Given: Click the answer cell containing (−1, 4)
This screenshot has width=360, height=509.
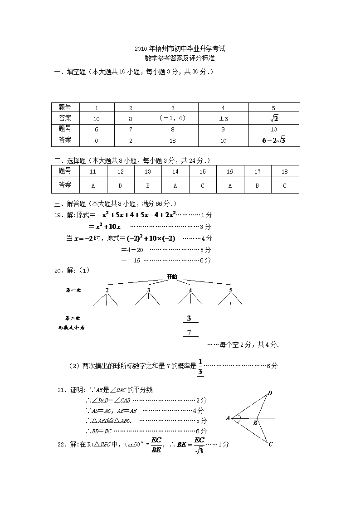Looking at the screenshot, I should pyautogui.click(x=173, y=118).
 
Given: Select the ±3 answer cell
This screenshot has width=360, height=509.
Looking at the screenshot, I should pyautogui.click(x=223, y=119).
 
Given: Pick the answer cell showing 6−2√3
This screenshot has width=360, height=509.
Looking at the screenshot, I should pyautogui.click(x=273, y=140).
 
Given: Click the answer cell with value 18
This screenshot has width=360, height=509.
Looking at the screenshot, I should pyautogui.click(x=173, y=141).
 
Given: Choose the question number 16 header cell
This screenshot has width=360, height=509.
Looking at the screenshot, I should pyautogui.click(x=230, y=171).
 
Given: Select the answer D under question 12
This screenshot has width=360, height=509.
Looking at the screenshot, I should pyautogui.click(x=121, y=185).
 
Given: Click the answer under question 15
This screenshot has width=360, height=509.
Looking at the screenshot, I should pyautogui.click(x=203, y=185).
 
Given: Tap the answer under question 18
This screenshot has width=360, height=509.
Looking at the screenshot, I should pyautogui.click(x=285, y=185).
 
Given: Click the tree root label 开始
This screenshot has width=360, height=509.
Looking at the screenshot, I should pyautogui.click(x=172, y=276).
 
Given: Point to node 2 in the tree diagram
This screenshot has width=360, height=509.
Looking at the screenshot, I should pyautogui.click(x=107, y=290).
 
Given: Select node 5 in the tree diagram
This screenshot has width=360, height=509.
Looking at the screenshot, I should pyautogui.click(x=231, y=290).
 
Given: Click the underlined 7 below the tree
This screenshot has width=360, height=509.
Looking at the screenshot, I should pyautogui.click(x=190, y=333).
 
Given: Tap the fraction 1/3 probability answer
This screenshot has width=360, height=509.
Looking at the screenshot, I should pyautogui.click(x=200, y=366).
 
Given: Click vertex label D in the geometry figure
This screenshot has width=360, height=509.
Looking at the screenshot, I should pyautogui.click(x=270, y=393).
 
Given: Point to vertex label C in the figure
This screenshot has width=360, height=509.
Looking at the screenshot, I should pyautogui.click(x=270, y=444).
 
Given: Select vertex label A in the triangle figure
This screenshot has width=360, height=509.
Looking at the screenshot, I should pyautogui.click(x=228, y=418).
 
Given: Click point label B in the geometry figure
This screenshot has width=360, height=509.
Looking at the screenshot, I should pyautogui.click(x=255, y=423).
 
